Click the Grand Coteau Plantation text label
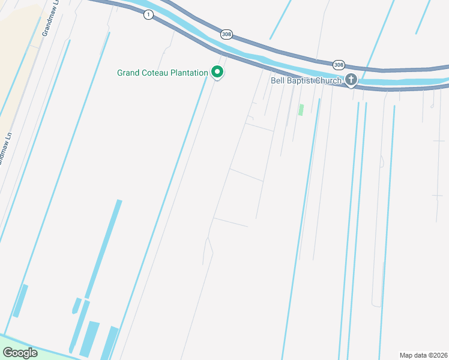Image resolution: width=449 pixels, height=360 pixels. (162, 73)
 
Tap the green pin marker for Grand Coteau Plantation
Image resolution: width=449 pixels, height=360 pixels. (217, 73)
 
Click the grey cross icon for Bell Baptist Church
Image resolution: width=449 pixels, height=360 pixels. (351, 79)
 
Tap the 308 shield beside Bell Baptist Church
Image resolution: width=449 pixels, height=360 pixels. (339, 64)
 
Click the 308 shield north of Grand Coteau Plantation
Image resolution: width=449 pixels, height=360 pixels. (226, 34)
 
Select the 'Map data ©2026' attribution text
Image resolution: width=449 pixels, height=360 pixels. (423, 355)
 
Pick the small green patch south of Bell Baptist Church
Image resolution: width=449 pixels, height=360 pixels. (301, 110)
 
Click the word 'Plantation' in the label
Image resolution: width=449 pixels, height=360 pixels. (188, 73)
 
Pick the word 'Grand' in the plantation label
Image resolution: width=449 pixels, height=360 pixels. (128, 73)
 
